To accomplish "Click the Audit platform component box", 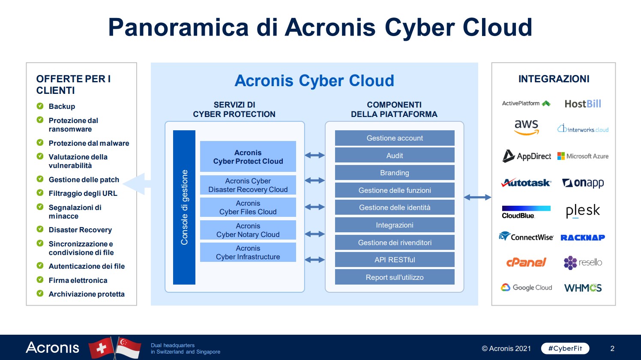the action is click(x=395, y=155).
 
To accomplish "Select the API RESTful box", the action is click(x=395, y=260).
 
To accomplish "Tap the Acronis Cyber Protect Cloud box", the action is click(x=248, y=156).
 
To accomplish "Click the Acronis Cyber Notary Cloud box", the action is click(x=248, y=230).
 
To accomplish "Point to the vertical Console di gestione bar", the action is click(x=184, y=207).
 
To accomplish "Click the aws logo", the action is click(x=526, y=127).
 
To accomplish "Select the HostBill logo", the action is click(x=583, y=104).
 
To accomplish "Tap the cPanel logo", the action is click(x=526, y=262).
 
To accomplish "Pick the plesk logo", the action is click(x=583, y=211).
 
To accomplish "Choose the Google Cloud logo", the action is click(x=526, y=287).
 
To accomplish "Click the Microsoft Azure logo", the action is click(x=583, y=156).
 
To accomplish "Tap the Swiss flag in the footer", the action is click(x=101, y=348).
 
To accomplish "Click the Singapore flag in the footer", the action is click(x=128, y=348).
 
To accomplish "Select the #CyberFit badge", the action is click(x=565, y=348).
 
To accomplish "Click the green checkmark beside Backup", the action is click(x=40, y=106).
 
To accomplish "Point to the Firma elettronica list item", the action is click(x=78, y=280).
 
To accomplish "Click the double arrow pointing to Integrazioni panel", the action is click(x=477, y=197).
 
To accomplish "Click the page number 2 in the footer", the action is click(x=612, y=348).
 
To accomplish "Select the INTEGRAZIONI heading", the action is click(x=554, y=79).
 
